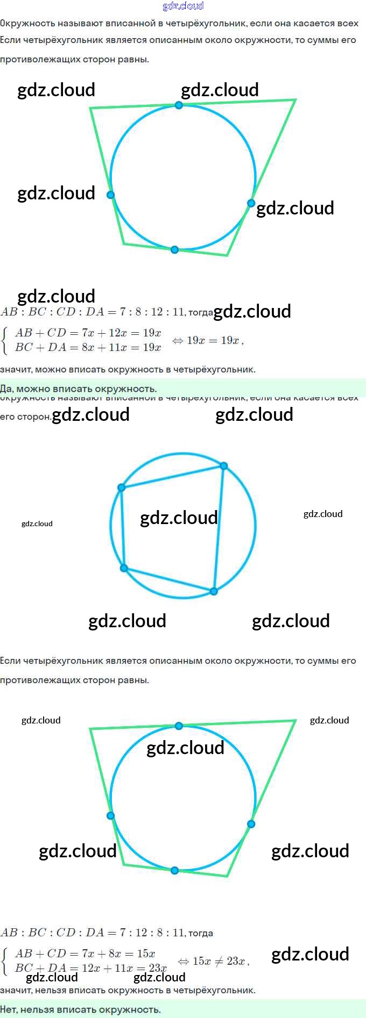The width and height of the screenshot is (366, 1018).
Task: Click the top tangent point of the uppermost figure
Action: (179, 105)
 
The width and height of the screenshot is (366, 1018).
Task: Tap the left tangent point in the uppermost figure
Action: (110, 195)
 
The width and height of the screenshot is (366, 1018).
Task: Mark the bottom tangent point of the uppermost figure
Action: (174, 249)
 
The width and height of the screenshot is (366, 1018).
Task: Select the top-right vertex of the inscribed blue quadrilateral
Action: (224, 465)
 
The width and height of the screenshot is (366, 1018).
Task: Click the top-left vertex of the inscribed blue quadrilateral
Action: (122, 487)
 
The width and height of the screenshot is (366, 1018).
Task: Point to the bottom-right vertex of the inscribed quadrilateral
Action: (214, 591)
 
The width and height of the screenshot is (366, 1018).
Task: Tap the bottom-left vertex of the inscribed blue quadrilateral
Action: (124, 568)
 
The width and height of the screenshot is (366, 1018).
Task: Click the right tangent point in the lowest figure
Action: (251, 823)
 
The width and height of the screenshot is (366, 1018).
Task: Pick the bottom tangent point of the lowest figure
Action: (174, 870)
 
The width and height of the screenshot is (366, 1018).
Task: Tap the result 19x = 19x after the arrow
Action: (213, 340)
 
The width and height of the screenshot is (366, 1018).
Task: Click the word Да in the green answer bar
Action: (6, 389)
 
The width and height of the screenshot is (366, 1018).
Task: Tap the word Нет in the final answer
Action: (9, 1009)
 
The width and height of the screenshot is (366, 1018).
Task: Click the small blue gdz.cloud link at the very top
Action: (183, 6)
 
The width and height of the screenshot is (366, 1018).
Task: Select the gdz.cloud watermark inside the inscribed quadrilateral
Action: (179, 518)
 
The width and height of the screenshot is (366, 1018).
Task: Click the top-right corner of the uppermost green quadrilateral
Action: (296, 99)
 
